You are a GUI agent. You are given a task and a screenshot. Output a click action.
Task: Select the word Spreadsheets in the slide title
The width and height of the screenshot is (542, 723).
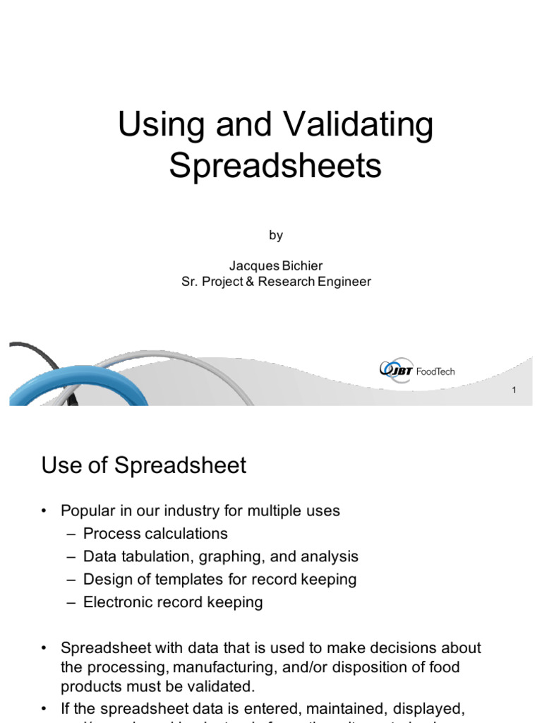pyautogui.click(x=275, y=165)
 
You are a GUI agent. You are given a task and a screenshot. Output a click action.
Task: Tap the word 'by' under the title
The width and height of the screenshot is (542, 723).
pyautogui.click(x=275, y=236)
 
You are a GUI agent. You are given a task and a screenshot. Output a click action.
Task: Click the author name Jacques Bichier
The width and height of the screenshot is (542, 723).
pyautogui.click(x=275, y=265)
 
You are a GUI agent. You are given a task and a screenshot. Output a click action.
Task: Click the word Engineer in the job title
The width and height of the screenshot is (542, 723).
pyautogui.click(x=340, y=281)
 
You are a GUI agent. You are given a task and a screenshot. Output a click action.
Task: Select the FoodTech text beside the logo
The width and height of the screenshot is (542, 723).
pyautogui.click(x=435, y=371)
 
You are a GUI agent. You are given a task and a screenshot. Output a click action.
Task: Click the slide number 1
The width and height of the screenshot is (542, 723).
pyautogui.click(x=514, y=390)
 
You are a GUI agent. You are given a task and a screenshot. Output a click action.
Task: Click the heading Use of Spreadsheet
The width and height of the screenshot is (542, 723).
pyautogui.click(x=144, y=465)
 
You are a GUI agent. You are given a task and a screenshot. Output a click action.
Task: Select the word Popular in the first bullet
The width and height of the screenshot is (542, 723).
pyautogui.click(x=87, y=510)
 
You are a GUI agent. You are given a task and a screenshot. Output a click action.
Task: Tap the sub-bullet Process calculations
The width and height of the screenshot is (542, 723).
pyautogui.click(x=155, y=533)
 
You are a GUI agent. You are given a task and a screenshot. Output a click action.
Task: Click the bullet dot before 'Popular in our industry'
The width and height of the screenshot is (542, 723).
pyautogui.click(x=44, y=511)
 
